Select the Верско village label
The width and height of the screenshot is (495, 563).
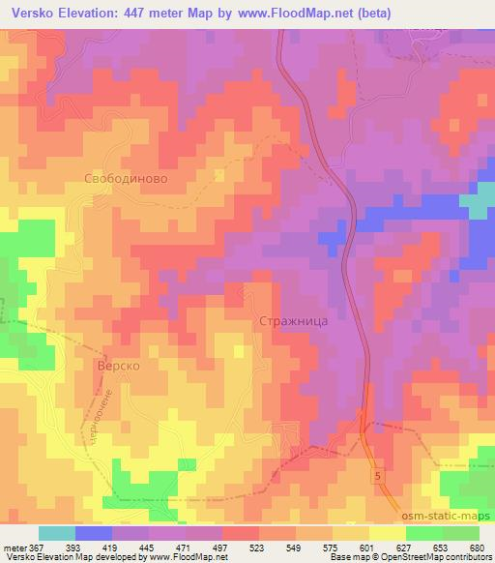120,368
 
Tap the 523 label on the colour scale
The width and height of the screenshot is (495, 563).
260,547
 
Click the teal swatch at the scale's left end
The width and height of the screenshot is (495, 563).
56,533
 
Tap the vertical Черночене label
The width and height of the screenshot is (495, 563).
108,410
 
